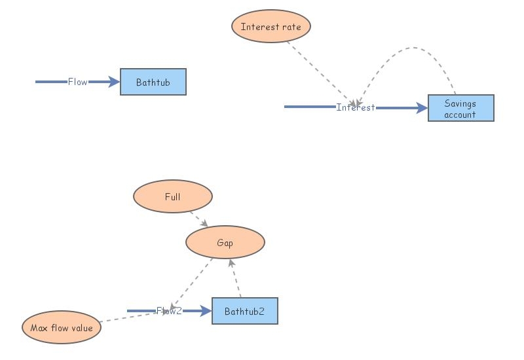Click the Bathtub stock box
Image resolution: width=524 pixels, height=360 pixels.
tap(153, 82)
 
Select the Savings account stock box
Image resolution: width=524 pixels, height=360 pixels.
tap(460, 108)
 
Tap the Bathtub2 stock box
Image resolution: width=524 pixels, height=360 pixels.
tap(244, 311)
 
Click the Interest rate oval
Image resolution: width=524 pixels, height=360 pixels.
tap(271, 27)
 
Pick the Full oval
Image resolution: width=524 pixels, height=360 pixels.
tap(172, 196)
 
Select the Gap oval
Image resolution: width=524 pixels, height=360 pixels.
tap(225, 243)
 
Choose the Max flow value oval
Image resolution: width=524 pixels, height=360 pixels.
tap(62, 327)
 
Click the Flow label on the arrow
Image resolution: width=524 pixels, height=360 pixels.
tap(77, 82)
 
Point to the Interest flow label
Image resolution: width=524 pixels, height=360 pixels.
tap(355, 107)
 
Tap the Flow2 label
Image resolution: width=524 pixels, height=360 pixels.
tap(169, 311)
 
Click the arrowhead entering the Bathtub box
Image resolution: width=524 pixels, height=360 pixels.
tap(115, 82)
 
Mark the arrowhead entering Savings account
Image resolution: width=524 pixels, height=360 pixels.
tap(422, 108)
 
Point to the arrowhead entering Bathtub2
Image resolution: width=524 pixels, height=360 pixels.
tap(206, 311)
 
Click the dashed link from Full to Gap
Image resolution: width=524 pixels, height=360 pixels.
tap(198, 219)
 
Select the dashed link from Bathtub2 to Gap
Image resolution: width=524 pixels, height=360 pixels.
tap(236, 278)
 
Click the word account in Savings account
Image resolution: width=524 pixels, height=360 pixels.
tap(460, 115)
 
